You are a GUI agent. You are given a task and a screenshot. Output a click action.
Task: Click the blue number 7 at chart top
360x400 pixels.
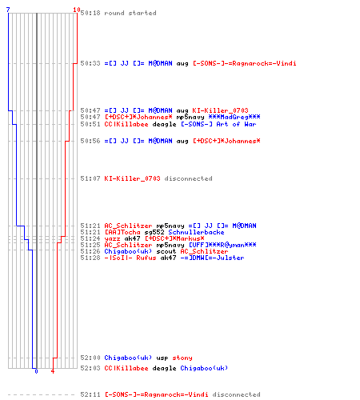click(x=8, y=10)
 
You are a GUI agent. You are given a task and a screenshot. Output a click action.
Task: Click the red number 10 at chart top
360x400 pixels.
click(x=77, y=10)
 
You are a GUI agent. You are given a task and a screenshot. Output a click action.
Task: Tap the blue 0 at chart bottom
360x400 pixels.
click(x=36, y=371)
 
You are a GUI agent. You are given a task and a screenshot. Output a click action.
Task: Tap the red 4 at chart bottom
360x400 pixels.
click(x=53, y=371)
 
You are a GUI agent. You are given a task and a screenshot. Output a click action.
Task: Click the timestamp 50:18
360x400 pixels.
click(x=90, y=13)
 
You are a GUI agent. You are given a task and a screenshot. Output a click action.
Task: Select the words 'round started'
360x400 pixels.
click(x=130, y=13)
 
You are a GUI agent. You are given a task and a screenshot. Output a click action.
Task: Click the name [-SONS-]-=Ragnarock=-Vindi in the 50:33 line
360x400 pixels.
click(x=245, y=63)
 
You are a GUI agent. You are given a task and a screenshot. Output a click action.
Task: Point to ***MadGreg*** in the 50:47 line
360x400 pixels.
click(x=234, y=117)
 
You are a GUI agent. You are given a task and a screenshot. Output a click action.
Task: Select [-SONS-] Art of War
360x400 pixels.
click(x=218, y=124)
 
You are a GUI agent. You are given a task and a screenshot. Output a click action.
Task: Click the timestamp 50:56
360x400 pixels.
click(x=90, y=141)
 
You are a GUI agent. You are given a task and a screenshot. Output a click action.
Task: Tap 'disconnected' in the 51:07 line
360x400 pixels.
click(x=188, y=178)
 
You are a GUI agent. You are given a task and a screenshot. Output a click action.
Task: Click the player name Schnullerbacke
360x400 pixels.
click(x=196, y=232)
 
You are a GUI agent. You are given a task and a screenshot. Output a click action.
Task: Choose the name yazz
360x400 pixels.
click(x=112, y=238)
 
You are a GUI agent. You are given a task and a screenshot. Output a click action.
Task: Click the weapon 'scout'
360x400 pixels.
click(x=166, y=251)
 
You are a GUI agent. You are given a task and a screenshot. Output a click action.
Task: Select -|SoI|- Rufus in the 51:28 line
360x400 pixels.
click(x=130, y=258)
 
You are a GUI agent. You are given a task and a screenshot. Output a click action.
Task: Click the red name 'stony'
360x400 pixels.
click(x=182, y=358)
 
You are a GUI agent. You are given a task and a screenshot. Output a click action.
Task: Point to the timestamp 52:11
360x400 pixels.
click(x=90, y=394)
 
